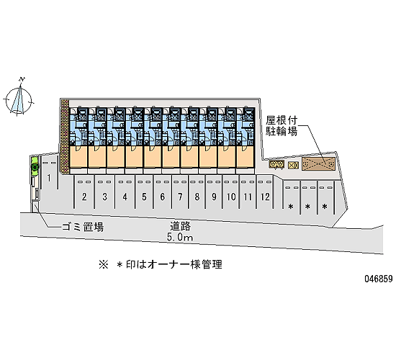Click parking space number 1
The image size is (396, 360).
49,178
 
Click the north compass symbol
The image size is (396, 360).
19,96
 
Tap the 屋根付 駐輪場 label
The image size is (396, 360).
282,126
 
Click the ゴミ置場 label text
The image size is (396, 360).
83,227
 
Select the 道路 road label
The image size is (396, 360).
180,226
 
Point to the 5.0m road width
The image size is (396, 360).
180,237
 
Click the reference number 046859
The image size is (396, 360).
378,279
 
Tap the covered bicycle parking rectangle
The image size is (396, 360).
319,164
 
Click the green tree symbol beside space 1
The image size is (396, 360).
35,166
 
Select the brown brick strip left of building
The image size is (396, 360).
65,136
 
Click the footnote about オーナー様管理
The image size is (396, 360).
161,264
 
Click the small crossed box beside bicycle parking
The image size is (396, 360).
293,165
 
